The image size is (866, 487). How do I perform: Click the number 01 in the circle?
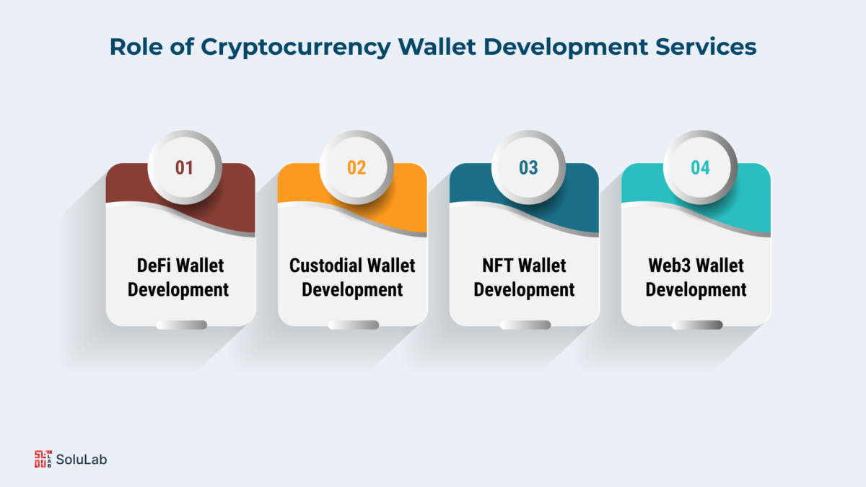coord(184,167)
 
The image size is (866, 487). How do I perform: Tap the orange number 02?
coord(357,167)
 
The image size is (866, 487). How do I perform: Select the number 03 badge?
coord(528,167)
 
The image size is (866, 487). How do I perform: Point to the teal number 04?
coord(700,167)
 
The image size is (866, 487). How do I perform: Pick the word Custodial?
coord(325,266)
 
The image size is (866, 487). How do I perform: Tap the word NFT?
coord(497,266)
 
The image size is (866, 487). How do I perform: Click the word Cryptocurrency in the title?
coord(296,48)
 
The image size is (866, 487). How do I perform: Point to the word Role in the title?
coord(136,47)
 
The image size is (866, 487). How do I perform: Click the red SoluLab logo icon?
coord(43,459)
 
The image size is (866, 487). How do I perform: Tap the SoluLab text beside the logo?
coord(82,460)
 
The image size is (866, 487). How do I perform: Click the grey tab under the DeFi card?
coord(181,325)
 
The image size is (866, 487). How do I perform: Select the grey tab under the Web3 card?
coord(697,325)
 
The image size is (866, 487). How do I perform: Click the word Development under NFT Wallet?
coord(524,290)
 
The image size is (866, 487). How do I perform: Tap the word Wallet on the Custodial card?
coord(391,266)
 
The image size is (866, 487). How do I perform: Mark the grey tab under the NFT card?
coord(525,325)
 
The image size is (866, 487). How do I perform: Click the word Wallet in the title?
coord(437,47)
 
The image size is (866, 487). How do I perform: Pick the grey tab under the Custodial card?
coord(354,325)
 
